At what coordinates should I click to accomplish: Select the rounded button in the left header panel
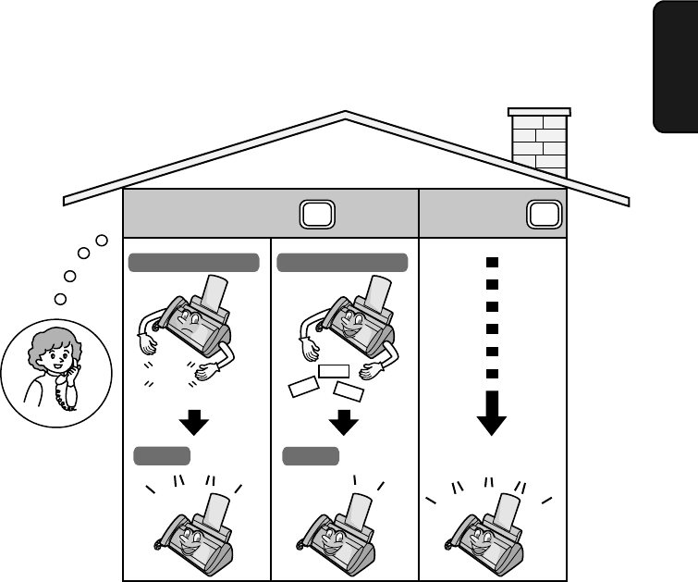314,215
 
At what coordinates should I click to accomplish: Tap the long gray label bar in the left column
193,263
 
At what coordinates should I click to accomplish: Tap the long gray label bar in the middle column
342,263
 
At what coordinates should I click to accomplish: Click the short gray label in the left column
163,454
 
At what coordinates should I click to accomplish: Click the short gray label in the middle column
311,454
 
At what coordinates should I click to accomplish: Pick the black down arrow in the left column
194,423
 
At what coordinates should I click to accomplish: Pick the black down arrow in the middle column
343,423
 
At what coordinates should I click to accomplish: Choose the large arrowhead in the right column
492,419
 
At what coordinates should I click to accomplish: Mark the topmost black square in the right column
493,262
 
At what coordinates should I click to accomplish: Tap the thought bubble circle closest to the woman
61,298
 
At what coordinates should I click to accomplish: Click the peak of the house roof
346,115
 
